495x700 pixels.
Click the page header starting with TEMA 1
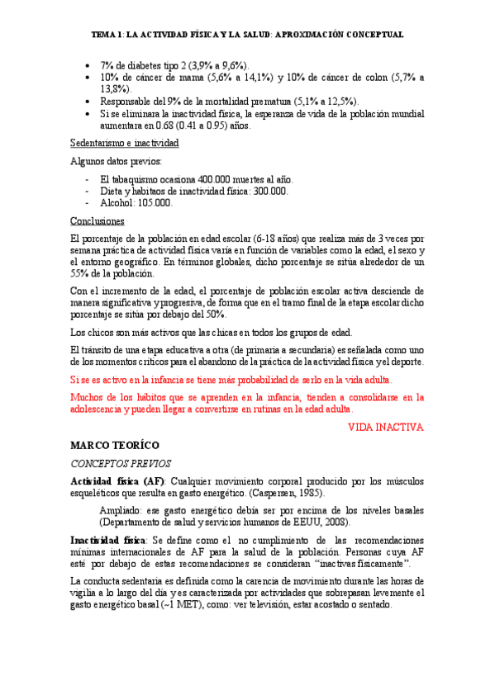coord(247,35)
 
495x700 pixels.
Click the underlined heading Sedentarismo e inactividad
coord(124,143)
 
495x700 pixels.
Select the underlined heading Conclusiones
coord(97,221)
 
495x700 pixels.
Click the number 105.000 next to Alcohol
coord(151,202)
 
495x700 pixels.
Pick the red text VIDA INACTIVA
coord(386,427)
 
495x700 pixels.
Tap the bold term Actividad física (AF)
coord(117,481)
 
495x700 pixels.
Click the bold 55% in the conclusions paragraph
coord(81,273)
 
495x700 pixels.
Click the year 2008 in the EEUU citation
coord(333,522)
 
